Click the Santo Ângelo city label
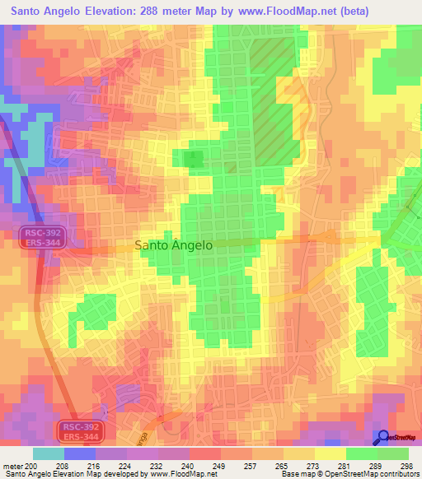[173, 245]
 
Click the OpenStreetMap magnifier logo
[382, 438]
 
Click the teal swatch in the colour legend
[48, 453]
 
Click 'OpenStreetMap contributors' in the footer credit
[371, 475]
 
